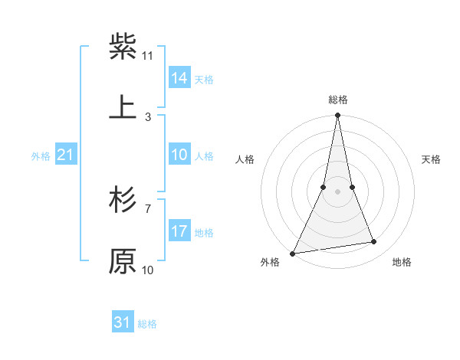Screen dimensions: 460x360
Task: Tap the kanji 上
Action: pos(123,107)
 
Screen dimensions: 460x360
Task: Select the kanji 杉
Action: pos(123,200)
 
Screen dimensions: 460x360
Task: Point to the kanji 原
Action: pos(123,261)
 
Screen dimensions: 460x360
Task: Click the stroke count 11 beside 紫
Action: pos(148,55)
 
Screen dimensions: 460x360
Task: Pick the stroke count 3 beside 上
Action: pos(148,116)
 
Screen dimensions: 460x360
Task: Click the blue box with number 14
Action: pos(179,77)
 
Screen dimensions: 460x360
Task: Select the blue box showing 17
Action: pos(179,231)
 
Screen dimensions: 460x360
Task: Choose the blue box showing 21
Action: pos(66,155)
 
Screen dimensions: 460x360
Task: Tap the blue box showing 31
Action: pos(123,322)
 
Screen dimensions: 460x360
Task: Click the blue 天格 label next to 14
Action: pos(204,79)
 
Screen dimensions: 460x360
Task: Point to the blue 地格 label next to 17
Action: pos(204,232)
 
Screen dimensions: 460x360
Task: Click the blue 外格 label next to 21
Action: pos(41,156)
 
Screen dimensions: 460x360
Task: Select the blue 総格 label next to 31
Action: pos(147,324)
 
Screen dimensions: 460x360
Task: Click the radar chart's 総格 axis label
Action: pos(337,100)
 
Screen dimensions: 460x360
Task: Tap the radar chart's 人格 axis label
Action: pos(245,159)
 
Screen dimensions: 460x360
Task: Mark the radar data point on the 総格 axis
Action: pos(337,115)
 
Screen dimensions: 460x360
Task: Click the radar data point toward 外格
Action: pos(292,253)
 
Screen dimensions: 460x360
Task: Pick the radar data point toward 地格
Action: pos(374,242)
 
